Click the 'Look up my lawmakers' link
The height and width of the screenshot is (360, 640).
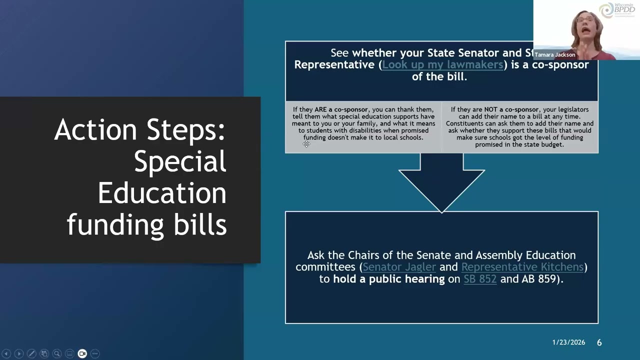point(442,65)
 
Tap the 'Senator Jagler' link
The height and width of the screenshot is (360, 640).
point(399,267)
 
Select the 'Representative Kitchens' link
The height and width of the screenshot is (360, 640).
point(522,267)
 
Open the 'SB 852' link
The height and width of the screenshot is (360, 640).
point(480,279)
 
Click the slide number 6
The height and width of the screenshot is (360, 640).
point(599,342)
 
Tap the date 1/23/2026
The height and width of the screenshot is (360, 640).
point(568,342)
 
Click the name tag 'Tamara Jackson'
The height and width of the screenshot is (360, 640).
point(555,54)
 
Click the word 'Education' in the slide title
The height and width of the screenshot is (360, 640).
point(161,193)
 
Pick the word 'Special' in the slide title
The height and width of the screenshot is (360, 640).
point(180,161)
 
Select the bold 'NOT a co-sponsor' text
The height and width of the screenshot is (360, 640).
point(511,109)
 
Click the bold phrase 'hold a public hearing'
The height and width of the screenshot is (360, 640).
point(389,279)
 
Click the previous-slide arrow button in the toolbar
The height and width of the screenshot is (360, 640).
point(6,353)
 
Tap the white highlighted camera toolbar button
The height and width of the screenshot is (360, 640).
point(82,353)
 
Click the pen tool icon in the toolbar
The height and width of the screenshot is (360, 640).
point(31,353)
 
